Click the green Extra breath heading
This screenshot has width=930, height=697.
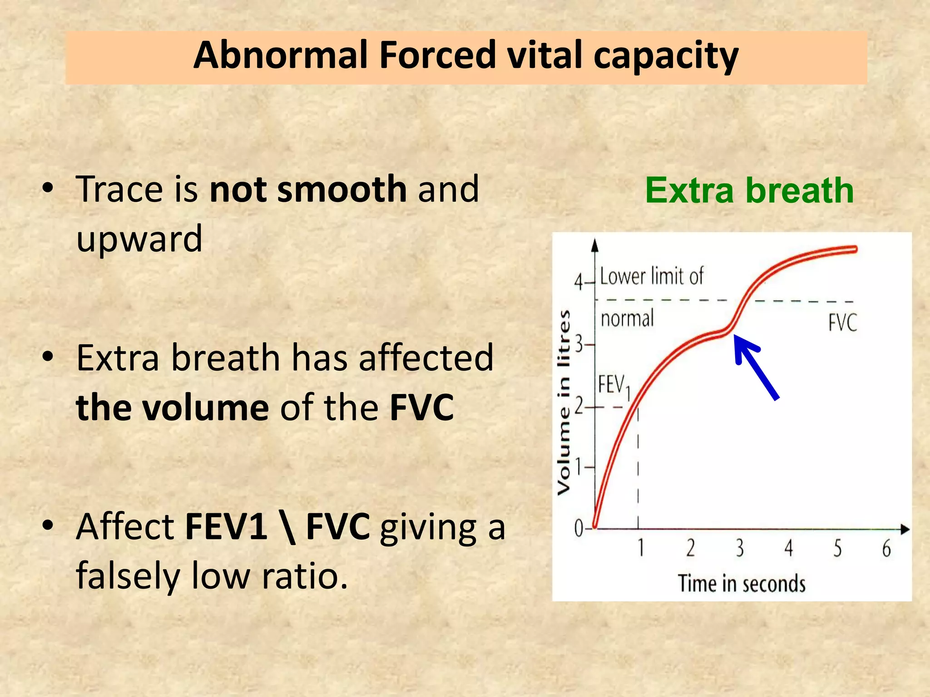pos(749,190)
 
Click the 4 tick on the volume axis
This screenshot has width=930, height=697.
pos(578,282)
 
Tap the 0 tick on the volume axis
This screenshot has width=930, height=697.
pos(579,528)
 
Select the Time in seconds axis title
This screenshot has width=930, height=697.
pos(742,584)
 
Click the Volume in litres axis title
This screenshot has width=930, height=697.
pos(564,402)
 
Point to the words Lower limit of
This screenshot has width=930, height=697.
pos(651,276)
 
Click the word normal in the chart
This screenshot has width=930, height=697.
pos(627,319)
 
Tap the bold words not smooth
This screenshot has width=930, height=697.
pos(308,189)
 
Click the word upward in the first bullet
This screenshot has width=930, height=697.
pos(139,239)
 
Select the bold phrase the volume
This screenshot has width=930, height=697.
pos(173,407)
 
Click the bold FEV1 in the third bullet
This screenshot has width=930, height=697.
pos(226,526)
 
